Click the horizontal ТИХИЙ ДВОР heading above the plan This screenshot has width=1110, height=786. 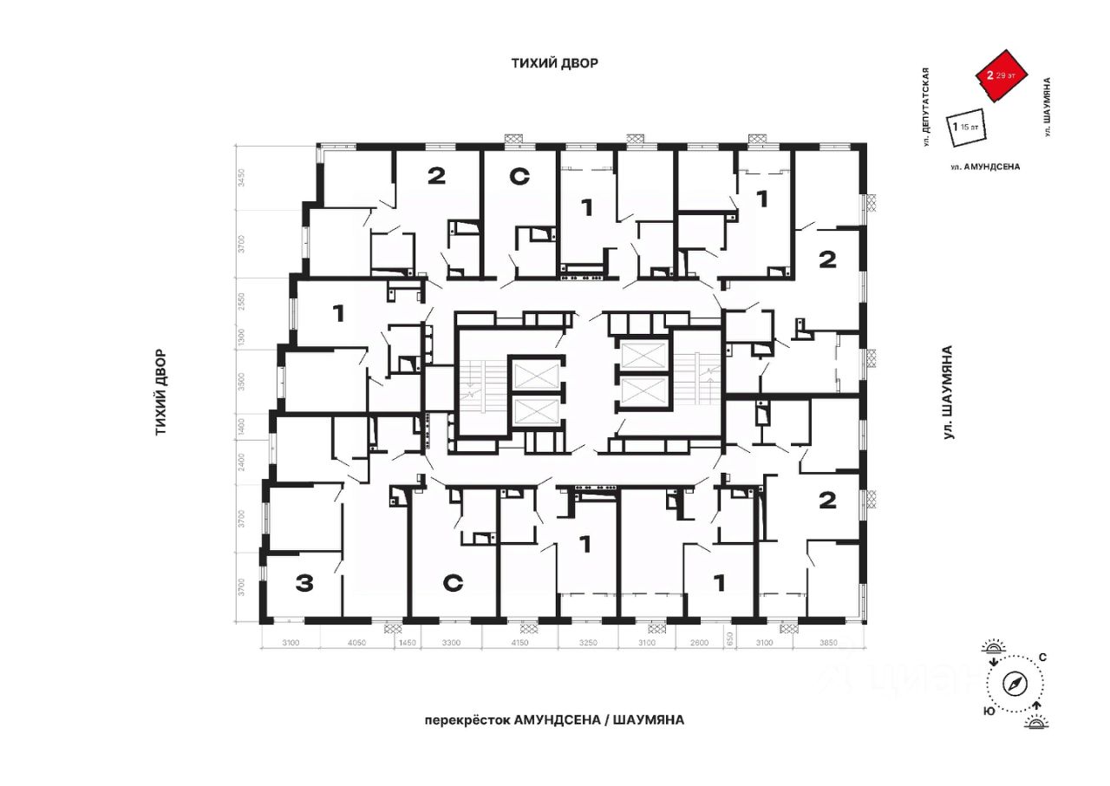(x=554, y=63)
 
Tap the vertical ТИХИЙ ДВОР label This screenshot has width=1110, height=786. (x=161, y=392)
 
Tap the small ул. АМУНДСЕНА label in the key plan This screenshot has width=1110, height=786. (x=984, y=166)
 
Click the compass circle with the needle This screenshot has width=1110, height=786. (x=1015, y=683)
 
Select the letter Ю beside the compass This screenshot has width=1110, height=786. (x=988, y=711)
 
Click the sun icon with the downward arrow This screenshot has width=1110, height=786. (x=994, y=648)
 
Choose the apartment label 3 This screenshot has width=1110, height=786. (x=304, y=584)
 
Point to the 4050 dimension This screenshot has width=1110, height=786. (x=356, y=643)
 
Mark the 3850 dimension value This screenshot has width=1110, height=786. (x=833, y=643)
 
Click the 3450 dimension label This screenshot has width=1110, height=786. (x=243, y=179)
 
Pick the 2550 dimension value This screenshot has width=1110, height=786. (x=243, y=300)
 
